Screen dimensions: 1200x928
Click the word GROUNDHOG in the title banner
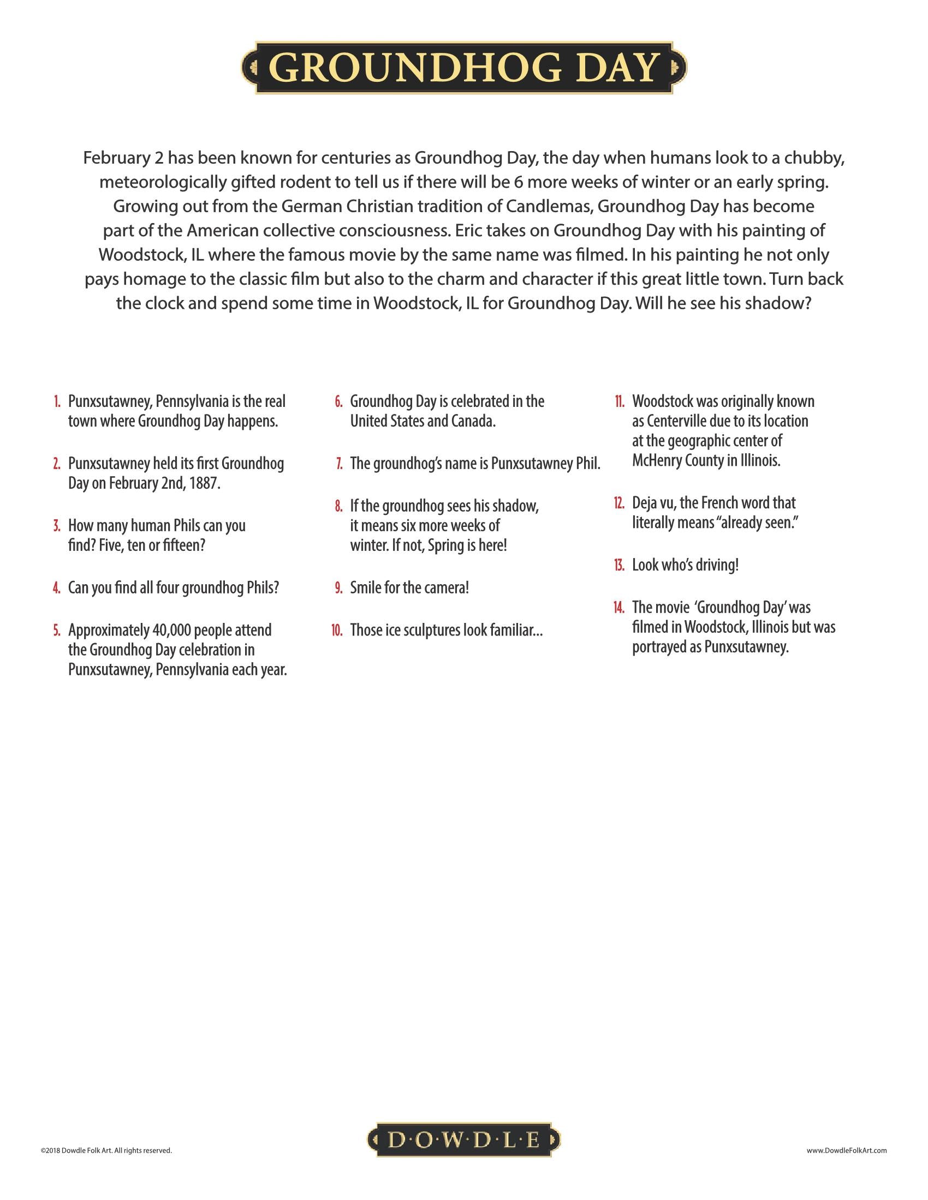click(x=416, y=68)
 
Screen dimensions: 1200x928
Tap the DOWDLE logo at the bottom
click(x=463, y=1140)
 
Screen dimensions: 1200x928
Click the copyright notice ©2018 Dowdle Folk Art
click(x=106, y=1150)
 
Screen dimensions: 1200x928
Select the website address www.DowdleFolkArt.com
click(x=847, y=1150)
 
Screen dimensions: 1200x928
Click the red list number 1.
click(x=57, y=401)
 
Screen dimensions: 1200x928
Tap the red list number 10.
click(x=337, y=630)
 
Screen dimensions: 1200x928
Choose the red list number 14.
click(x=619, y=608)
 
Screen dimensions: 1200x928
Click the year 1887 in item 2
click(x=205, y=483)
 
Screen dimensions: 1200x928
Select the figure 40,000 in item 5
click(x=171, y=630)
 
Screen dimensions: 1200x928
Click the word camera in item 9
click(x=448, y=588)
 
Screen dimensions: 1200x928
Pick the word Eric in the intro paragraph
click(x=469, y=231)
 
